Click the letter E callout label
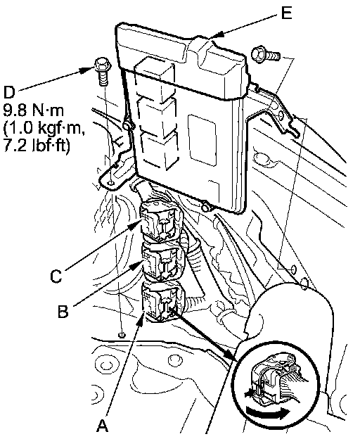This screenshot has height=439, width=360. point(286,13)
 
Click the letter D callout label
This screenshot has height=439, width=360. point(9,91)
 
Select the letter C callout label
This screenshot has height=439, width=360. point(56,276)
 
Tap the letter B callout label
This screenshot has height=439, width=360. point(63,311)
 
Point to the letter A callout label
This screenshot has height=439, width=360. point(103,426)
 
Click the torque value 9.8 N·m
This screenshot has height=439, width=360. point(34,110)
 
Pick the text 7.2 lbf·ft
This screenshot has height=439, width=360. point(36,146)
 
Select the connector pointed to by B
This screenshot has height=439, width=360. point(163,261)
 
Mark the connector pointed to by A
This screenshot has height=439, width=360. point(163,301)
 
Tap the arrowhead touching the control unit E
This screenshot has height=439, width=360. point(216,34)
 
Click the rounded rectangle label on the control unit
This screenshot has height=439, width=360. point(202,139)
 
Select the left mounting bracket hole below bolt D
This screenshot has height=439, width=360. point(110,183)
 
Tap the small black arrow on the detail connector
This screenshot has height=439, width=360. point(249,393)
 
